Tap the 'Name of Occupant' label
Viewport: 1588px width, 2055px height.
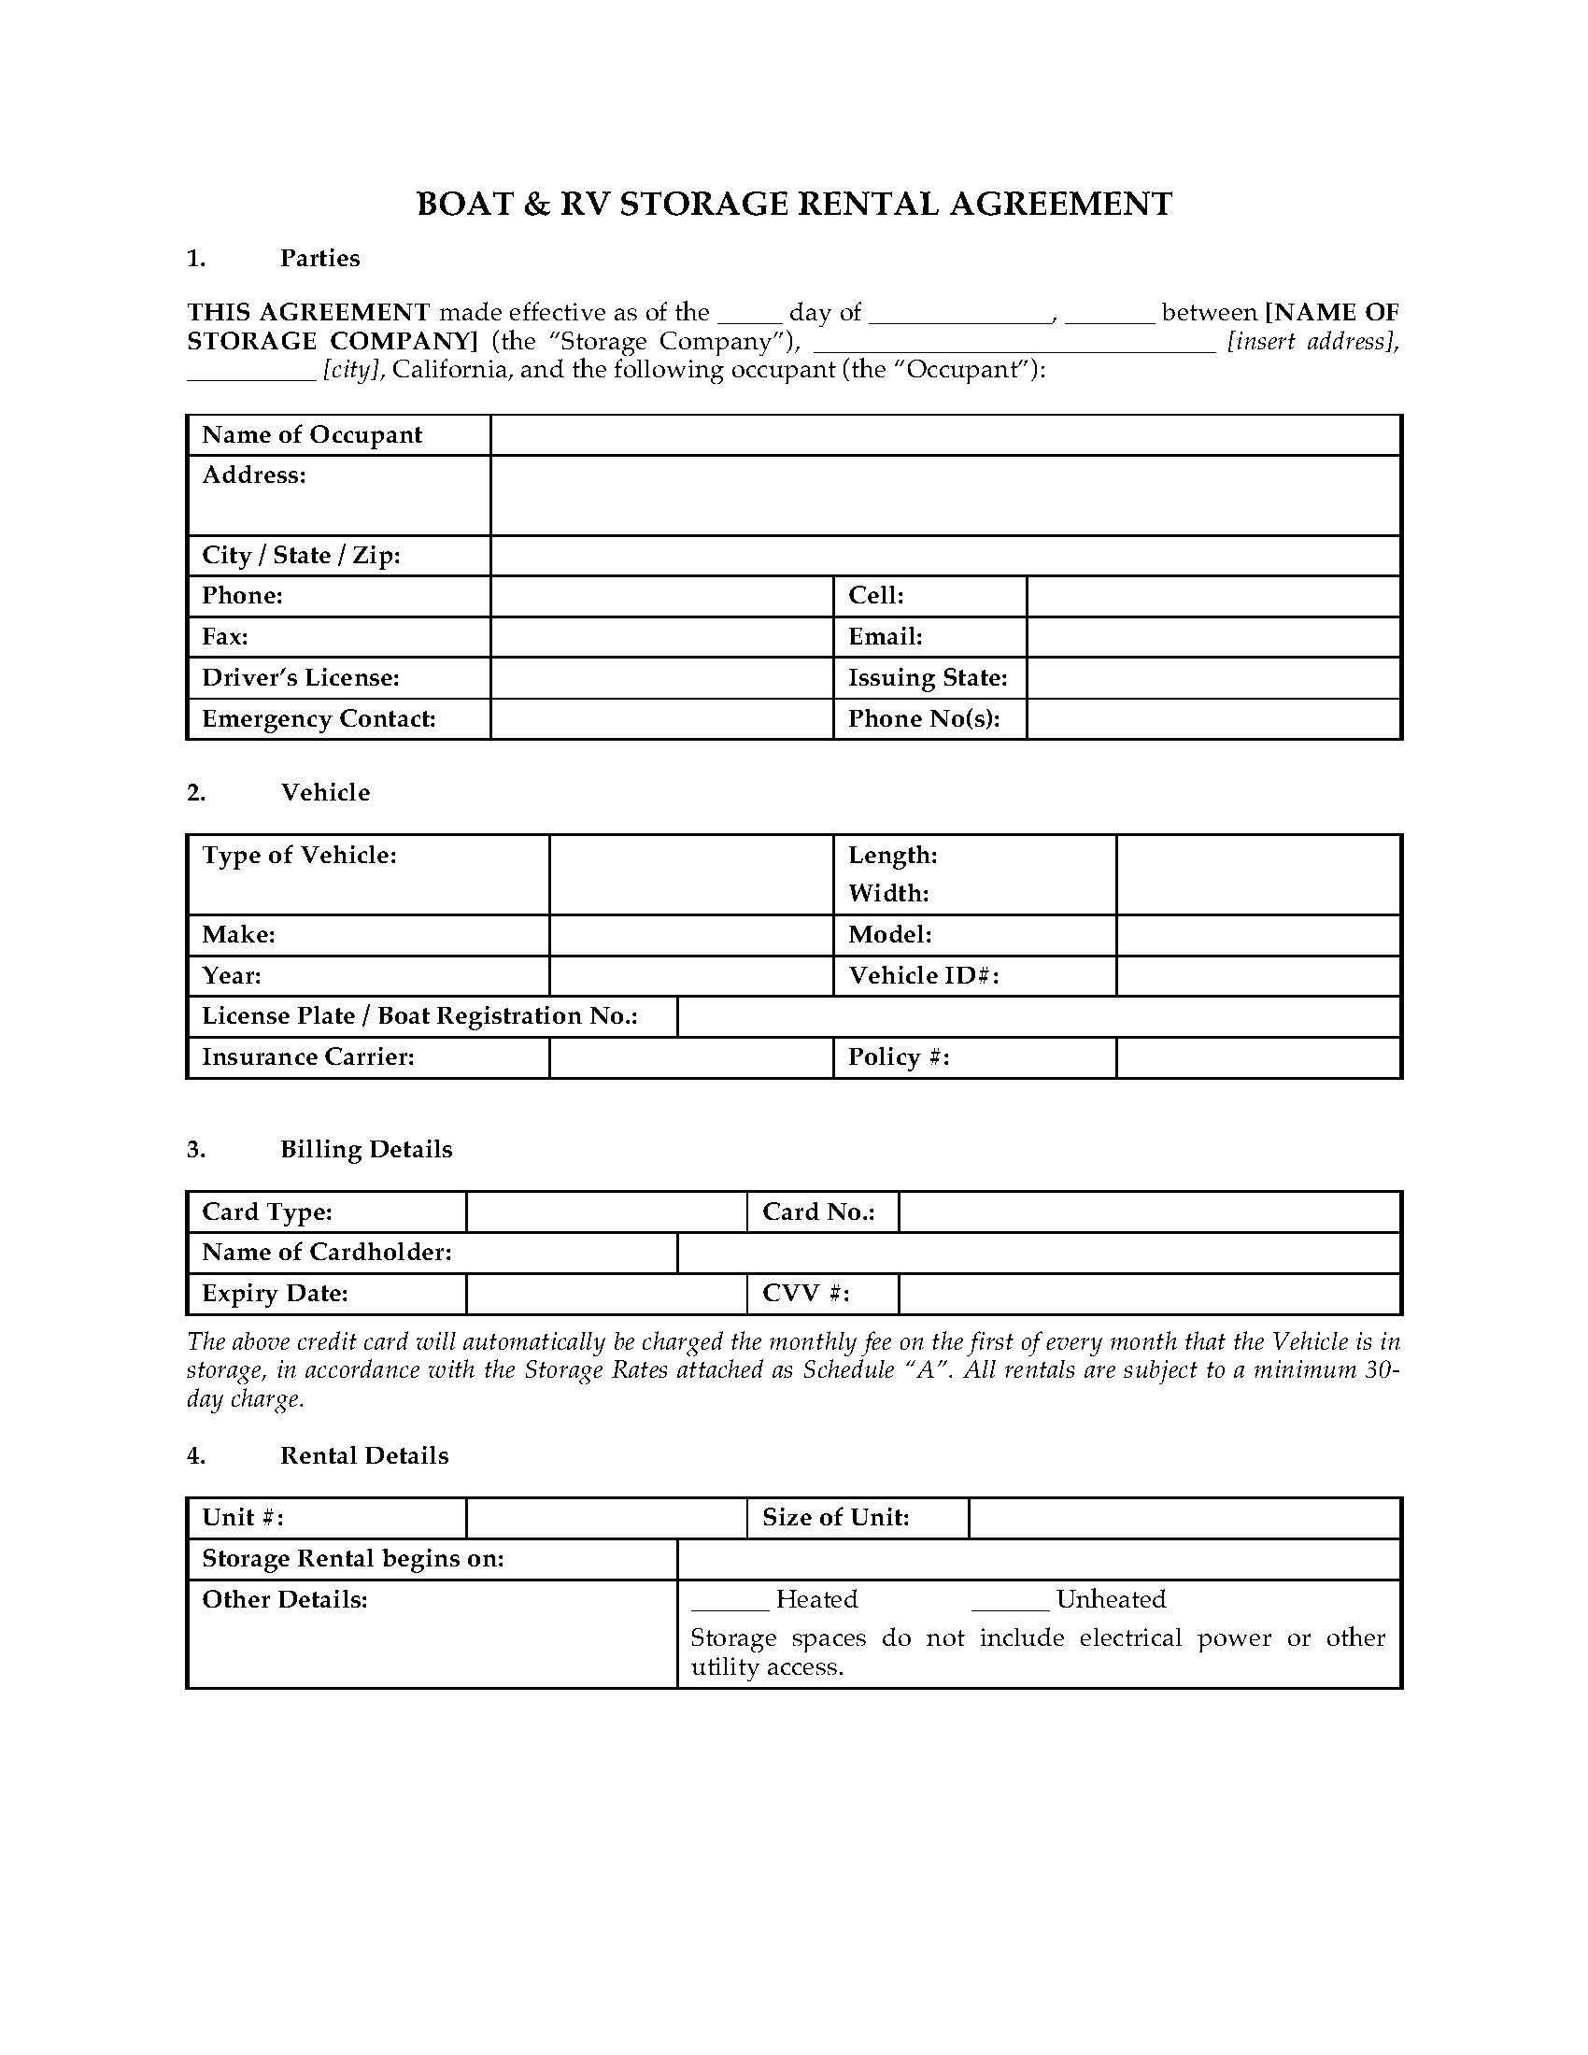311,434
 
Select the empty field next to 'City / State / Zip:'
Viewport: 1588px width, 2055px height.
944,556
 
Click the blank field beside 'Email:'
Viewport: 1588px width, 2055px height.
1212,637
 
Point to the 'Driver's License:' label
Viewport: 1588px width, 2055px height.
300,677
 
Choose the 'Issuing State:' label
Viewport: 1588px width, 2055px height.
927,677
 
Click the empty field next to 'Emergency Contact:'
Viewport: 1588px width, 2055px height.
660,719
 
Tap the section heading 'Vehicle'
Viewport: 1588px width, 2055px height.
324,792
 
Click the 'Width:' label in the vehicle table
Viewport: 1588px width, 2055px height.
888,893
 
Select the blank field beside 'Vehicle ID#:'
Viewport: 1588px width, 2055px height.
1258,976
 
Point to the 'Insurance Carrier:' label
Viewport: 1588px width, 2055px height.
307,1056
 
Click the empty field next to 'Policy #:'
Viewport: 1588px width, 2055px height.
1258,1057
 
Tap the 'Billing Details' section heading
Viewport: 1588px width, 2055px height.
366,1149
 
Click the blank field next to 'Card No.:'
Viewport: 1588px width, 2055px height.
1149,1212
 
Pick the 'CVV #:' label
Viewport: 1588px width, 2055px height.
805,1294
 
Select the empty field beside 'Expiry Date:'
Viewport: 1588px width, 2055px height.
606,1294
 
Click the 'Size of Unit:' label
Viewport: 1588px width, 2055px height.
835,1518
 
